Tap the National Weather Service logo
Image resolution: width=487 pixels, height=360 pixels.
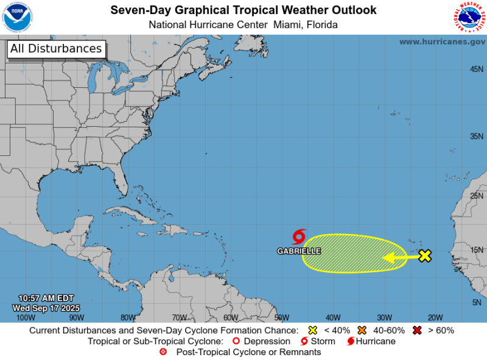469,17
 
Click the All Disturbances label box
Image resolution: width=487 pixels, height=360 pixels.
56,49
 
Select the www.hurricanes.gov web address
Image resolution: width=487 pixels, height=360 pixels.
442,41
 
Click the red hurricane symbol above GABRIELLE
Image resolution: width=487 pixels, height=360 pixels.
299,237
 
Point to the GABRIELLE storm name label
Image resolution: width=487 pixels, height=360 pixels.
299,250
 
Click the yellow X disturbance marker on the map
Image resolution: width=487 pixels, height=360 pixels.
425,256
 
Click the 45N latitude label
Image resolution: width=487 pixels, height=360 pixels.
477,69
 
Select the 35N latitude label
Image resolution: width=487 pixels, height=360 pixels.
477,136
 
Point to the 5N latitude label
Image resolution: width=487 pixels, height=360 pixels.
477,303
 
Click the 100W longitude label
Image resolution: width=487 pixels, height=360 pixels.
26,317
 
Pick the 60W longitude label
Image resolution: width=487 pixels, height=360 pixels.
230,317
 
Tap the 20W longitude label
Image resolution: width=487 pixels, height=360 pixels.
435,317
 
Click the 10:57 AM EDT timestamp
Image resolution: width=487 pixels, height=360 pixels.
46,298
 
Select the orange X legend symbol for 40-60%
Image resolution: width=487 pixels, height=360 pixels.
362,331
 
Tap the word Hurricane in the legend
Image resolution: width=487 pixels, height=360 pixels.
377,341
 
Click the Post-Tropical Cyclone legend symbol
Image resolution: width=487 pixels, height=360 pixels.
163,352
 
